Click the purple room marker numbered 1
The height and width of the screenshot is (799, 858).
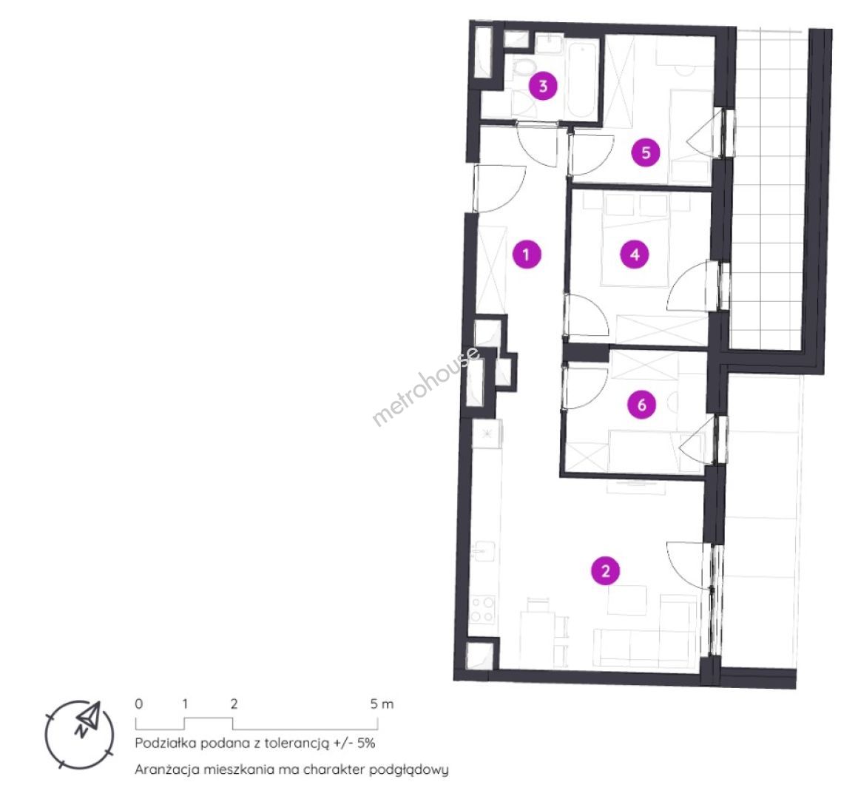[x=527, y=254]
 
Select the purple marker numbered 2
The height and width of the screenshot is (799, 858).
[x=605, y=571]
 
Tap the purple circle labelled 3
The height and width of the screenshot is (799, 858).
[x=543, y=86]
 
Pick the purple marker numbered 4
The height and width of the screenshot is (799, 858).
[x=635, y=254]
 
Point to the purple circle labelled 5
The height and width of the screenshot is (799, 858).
[x=646, y=152]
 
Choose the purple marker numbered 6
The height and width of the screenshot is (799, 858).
[x=641, y=405]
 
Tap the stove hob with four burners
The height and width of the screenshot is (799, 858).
[x=482, y=609]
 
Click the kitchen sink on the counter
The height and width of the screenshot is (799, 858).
[x=484, y=552]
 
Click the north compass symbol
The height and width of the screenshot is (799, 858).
[x=81, y=735]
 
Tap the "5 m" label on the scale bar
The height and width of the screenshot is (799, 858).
[x=382, y=704]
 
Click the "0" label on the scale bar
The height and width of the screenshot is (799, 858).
[x=138, y=704]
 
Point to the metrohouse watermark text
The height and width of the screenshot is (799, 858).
[x=426, y=386]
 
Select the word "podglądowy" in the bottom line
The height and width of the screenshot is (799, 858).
[x=409, y=770]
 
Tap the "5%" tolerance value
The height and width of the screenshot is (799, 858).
[x=365, y=744]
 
